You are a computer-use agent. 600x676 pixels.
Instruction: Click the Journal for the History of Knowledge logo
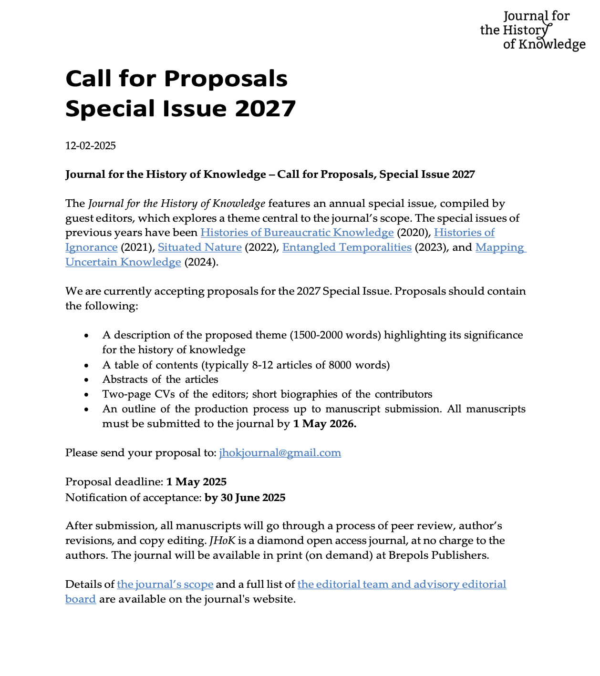[x=532, y=30]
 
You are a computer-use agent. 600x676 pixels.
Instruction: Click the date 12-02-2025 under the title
[x=91, y=146]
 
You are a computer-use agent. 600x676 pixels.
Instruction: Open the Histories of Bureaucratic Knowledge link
[x=297, y=233]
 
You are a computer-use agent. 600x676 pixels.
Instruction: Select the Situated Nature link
[x=199, y=247]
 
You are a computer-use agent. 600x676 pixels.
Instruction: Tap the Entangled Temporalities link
[x=347, y=247]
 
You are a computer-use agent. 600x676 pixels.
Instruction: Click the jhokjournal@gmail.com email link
[x=280, y=453]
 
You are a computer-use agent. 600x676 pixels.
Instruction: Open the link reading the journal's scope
[x=165, y=584]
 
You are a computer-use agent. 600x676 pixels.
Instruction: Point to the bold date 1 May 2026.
[x=324, y=424]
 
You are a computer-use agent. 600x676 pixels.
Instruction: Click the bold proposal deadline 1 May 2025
[x=196, y=482]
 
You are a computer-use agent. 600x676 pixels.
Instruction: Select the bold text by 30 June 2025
[x=245, y=498]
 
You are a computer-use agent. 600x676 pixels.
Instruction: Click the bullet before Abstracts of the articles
[x=86, y=380]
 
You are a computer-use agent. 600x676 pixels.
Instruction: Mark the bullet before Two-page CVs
[x=86, y=395]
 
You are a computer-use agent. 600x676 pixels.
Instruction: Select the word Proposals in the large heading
[x=226, y=79]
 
